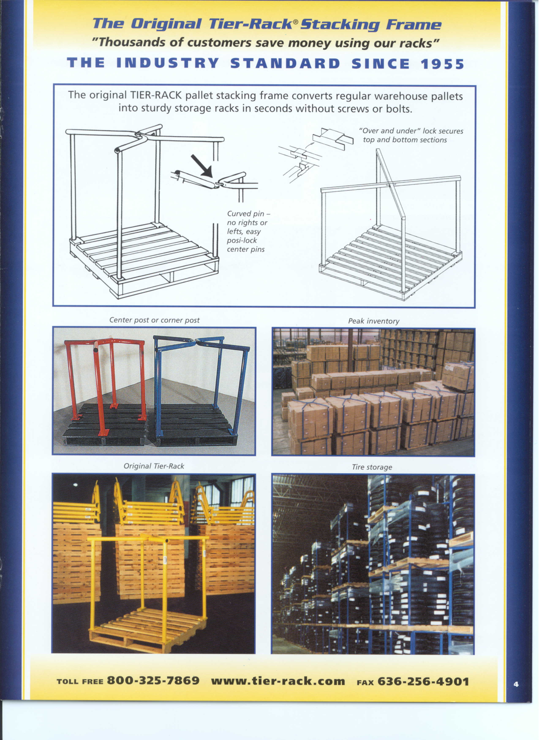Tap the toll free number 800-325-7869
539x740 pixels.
[x=153, y=681]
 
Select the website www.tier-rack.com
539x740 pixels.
[x=278, y=681]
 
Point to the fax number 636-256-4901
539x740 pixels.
[x=423, y=682]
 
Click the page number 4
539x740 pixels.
[x=516, y=684]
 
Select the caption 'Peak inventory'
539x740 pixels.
[x=374, y=321]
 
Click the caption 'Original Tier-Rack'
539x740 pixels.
[x=154, y=466]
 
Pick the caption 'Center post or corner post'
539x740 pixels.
[x=155, y=320]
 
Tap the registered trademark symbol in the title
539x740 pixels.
[x=295, y=21]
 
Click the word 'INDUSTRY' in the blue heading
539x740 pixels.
[x=167, y=63]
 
